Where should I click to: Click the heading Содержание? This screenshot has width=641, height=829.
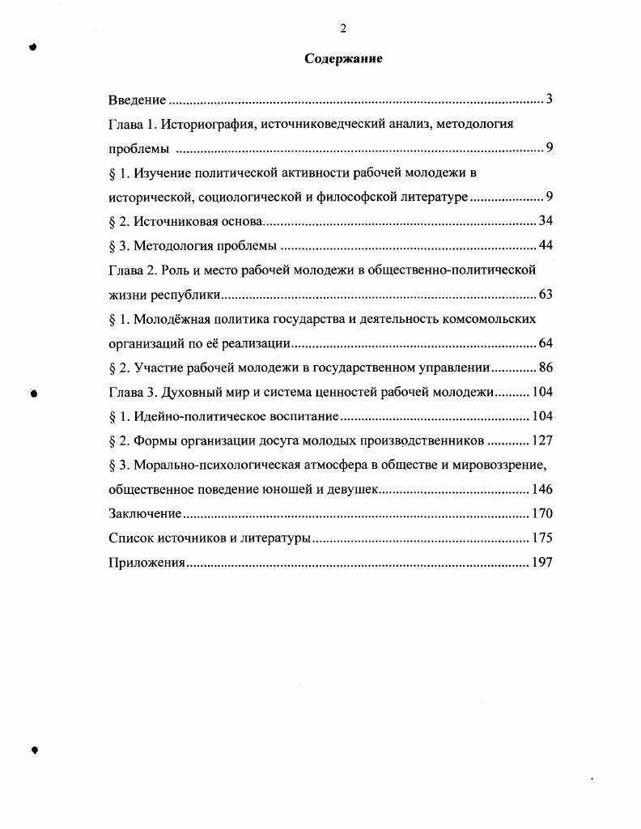(343, 59)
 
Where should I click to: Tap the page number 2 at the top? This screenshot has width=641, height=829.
(343, 29)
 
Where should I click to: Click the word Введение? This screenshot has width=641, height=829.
(137, 100)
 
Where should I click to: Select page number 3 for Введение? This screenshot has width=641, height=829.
(549, 100)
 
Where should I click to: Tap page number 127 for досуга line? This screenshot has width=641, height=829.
(541, 441)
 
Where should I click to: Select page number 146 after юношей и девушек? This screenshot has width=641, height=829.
(541, 490)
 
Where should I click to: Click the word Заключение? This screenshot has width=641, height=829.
(144, 514)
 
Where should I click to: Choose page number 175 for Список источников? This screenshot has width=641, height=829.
(541, 538)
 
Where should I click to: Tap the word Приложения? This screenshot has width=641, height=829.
(146, 563)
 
